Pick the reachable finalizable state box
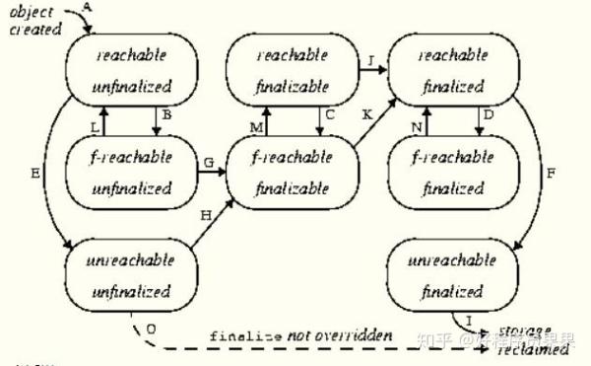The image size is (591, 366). pos(293,70)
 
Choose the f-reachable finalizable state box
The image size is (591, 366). pos(293,170)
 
